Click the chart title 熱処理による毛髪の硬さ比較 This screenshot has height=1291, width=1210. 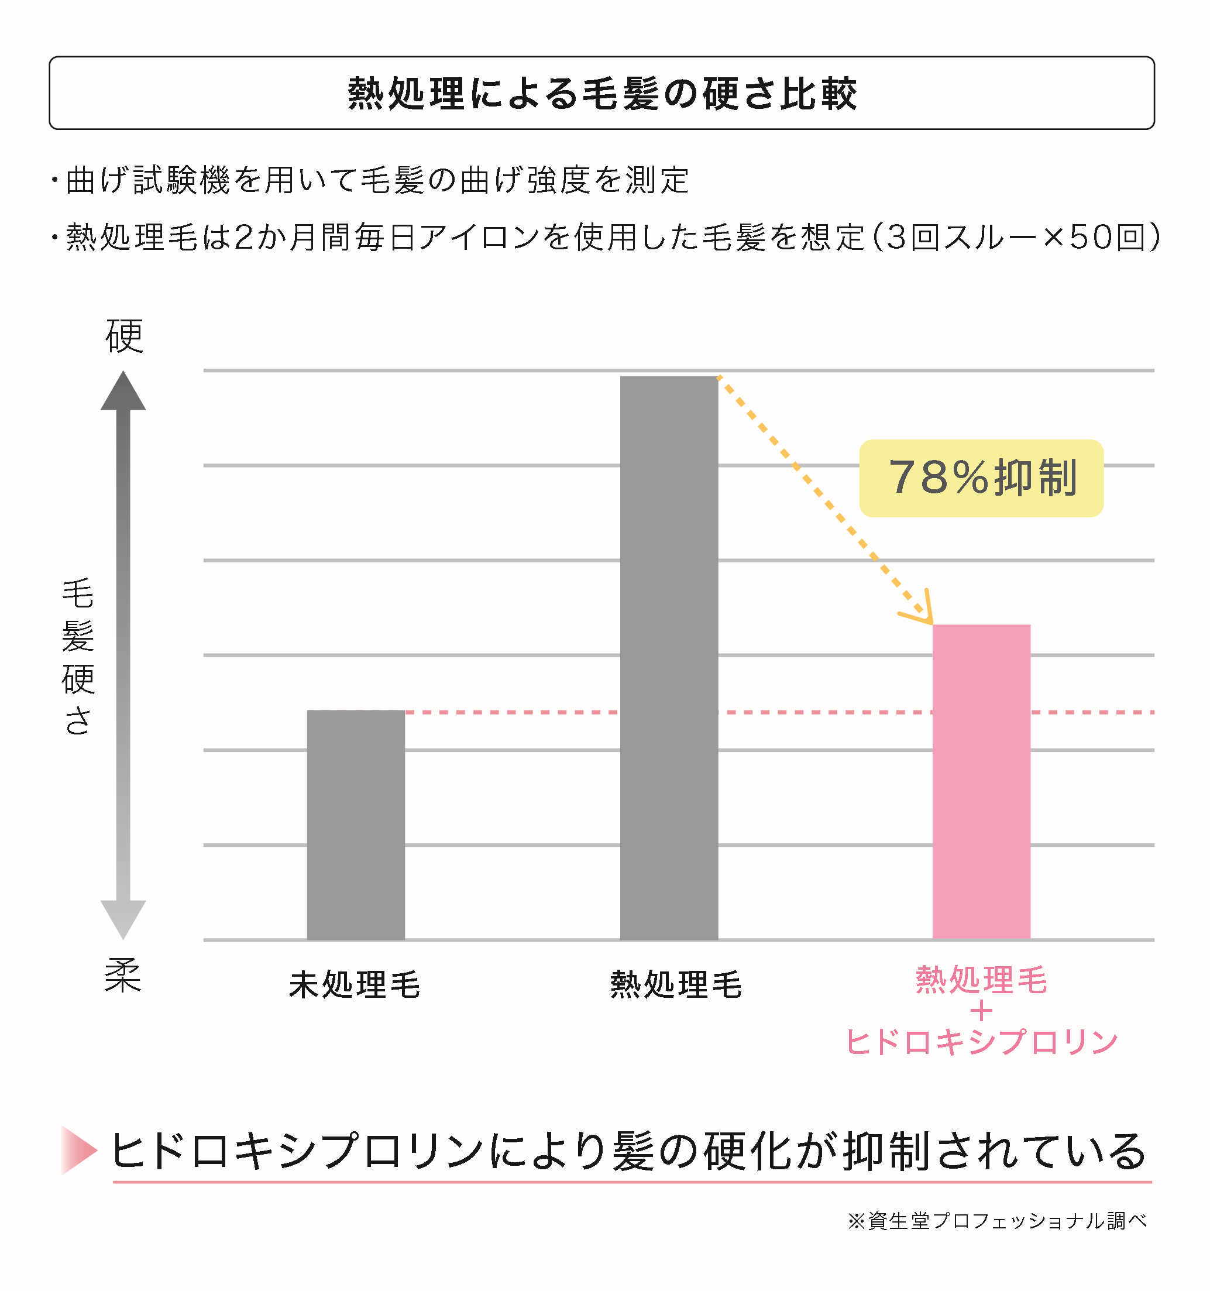coord(601,93)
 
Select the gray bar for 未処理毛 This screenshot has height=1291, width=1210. coord(356,825)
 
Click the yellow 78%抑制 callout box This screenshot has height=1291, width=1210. coord(981,478)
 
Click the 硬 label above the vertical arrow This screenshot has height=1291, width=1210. coord(124,336)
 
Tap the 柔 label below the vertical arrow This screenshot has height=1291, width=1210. coord(123,976)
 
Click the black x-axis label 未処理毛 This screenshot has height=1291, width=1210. coord(355,984)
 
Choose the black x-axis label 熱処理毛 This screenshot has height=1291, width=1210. coord(676,984)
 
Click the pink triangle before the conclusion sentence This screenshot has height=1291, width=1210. coord(78,1151)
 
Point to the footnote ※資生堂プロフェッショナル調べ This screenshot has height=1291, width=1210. coord(997,1221)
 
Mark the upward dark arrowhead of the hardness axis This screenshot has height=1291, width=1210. coord(123,392)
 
